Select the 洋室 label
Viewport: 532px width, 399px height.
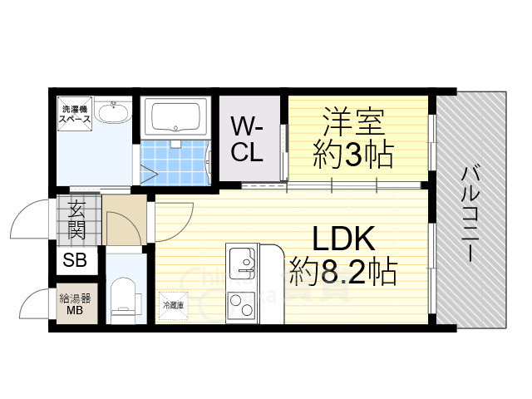tap(353, 122)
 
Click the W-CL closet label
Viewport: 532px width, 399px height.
tap(248, 140)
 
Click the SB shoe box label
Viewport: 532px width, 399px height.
tap(76, 261)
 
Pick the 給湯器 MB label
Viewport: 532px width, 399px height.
tap(76, 305)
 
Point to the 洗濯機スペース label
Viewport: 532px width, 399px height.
tap(73, 115)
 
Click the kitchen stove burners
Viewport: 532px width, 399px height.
tap(244, 307)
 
